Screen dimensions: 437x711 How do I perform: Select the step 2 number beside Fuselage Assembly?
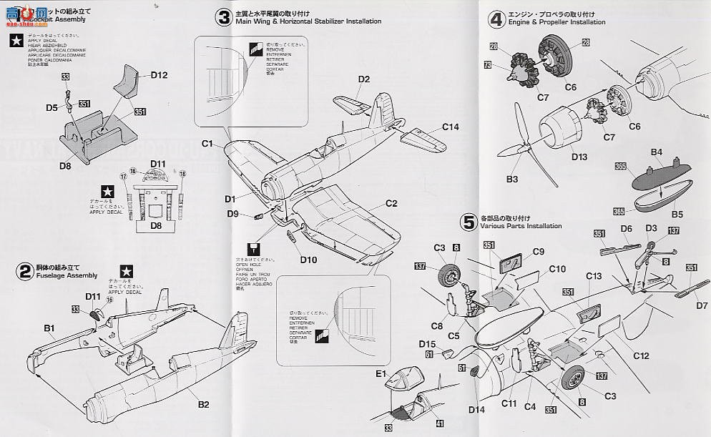pyautogui.click(x=24, y=271)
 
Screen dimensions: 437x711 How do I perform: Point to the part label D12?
pyautogui.click(x=159, y=75)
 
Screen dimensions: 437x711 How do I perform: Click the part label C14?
pyautogui.click(x=450, y=127)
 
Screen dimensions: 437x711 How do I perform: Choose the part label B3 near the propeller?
pyautogui.click(x=511, y=179)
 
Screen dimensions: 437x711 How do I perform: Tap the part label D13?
pyautogui.click(x=579, y=157)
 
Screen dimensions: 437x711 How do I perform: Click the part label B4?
pyautogui.click(x=656, y=152)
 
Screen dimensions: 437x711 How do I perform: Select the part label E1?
pyautogui.click(x=380, y=373)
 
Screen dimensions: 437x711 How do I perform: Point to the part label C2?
pyautogui.click(x=391, y=203)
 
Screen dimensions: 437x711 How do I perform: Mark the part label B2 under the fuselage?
pyautogui.click(x=204, y=404)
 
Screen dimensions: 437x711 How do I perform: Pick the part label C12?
pyautogui.click(x=640, y=356)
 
